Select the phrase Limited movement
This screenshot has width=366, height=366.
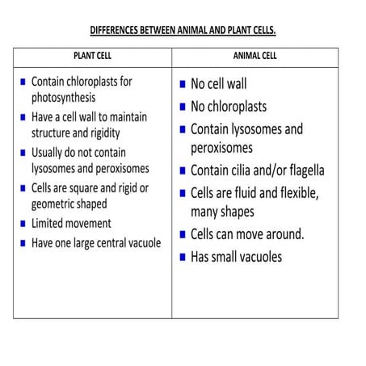click(x=71, y=223)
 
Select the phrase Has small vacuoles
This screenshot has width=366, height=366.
click(x=236, y=257)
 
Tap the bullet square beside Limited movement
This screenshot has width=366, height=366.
click(x=21, y=224)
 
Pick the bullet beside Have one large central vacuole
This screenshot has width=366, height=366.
click(x=21, y=242)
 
